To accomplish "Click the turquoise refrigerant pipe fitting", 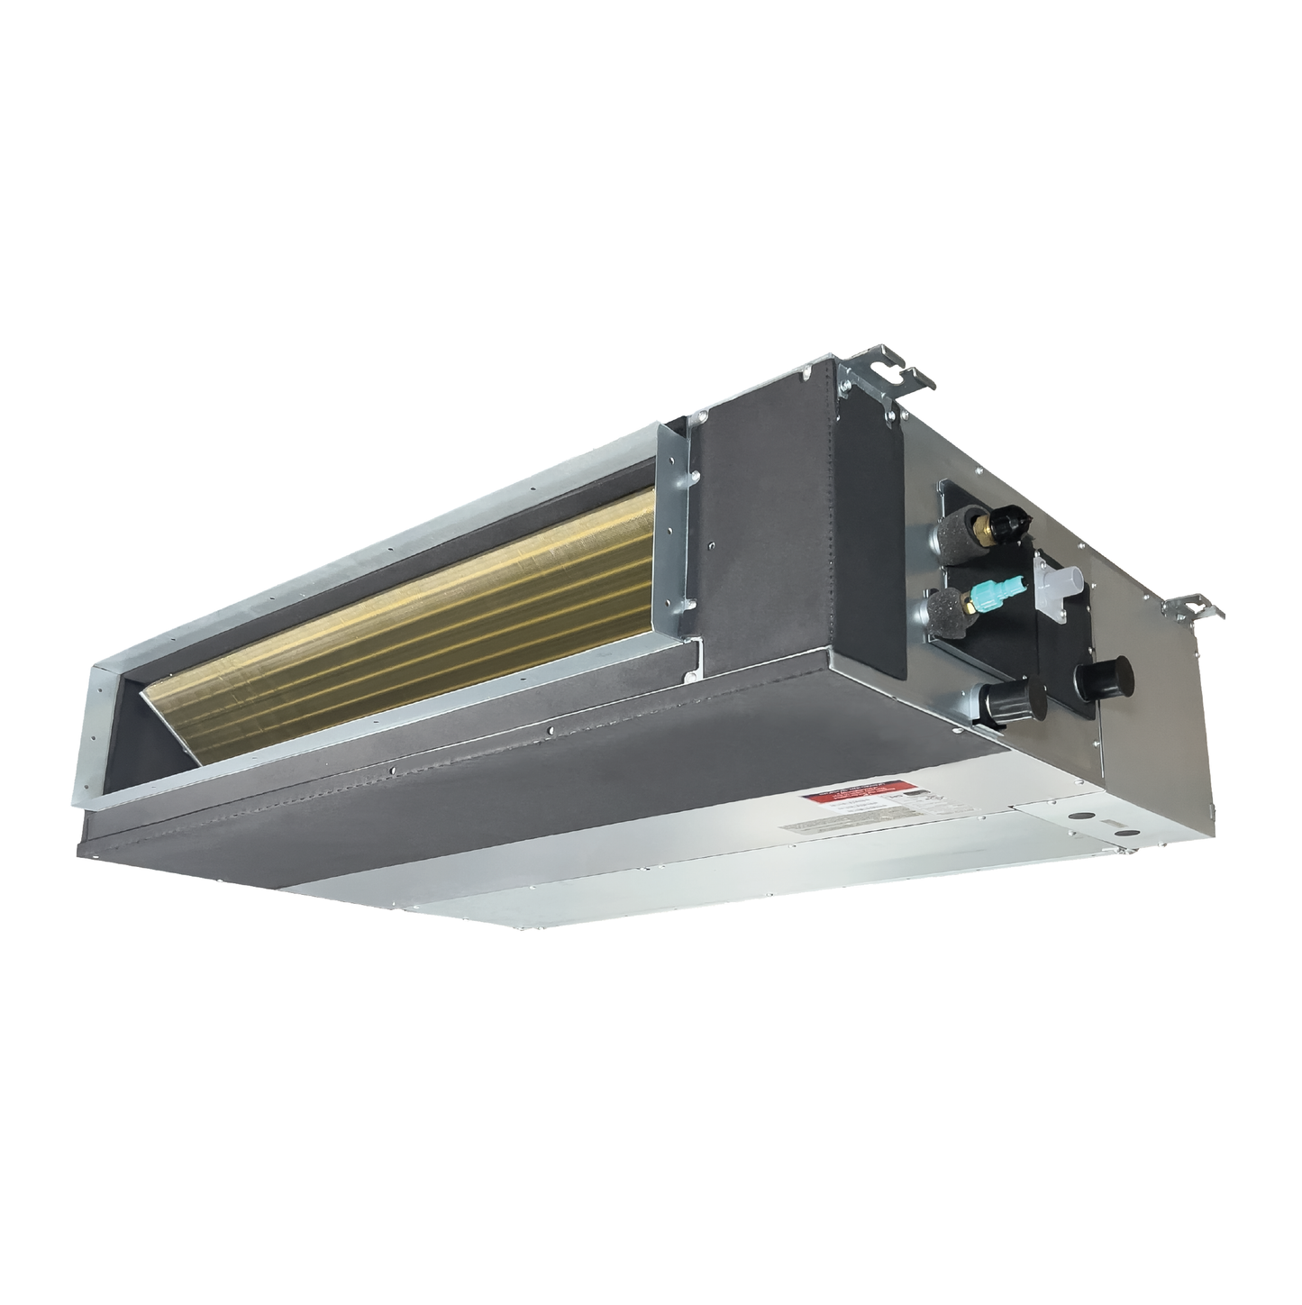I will [991, 590].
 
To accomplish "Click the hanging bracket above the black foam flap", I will [878, 379].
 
